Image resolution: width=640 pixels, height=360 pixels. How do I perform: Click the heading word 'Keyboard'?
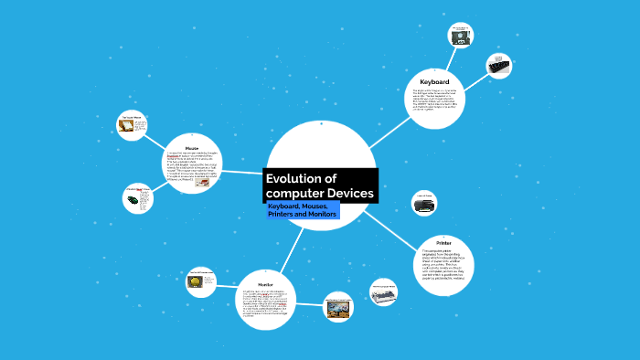[434, 82]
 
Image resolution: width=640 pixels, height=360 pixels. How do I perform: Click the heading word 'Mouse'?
[192, 147]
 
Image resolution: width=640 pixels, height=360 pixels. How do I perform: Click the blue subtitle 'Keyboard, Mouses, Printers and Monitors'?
[302, 210]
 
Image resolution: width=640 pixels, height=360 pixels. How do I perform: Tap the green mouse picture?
[133, 198]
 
